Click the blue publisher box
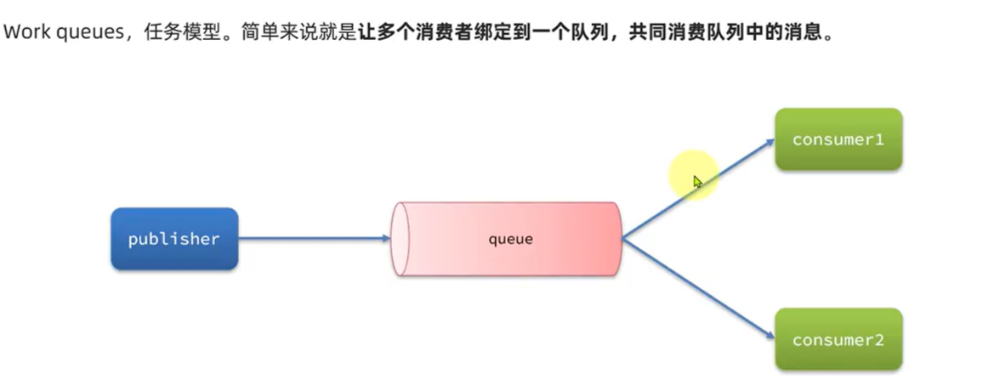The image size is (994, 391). click(174, 240)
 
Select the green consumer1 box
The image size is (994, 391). click(838, 139)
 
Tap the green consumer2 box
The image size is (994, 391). click(838, 339)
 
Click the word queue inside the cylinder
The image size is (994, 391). click(510, 240)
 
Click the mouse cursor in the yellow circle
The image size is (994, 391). click(696, 181)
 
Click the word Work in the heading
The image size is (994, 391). click(23, 34)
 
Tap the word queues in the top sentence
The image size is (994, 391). click(83, 34)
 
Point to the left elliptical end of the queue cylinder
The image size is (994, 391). click(400, 240)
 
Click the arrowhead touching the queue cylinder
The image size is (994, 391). click(384, 239)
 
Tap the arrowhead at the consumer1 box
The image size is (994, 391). click(766, 143)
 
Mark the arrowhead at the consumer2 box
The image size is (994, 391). click(766, 335)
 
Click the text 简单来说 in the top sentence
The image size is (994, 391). click(271, 34)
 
